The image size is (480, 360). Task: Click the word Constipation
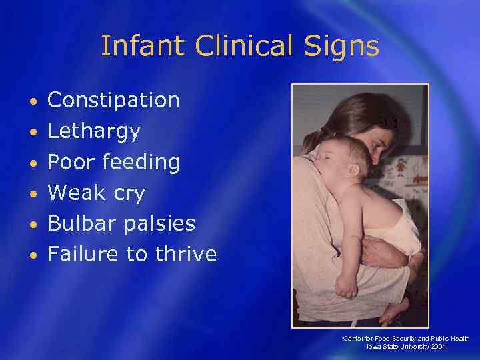pyautogui.click(x=114, y=101)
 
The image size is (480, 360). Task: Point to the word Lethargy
pyautogui.click(x=94, y=132)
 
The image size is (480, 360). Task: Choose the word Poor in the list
pyautogui.click(x=73, y=162)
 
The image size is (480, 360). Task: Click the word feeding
pyautogui.click(x=142, y=163)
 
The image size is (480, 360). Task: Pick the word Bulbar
pyautogui.click(x=81, y=223)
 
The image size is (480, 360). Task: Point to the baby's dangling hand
pyautogui.click(x=347, y=287)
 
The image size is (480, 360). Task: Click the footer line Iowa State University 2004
pyautogui.click(x=407, y=347)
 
